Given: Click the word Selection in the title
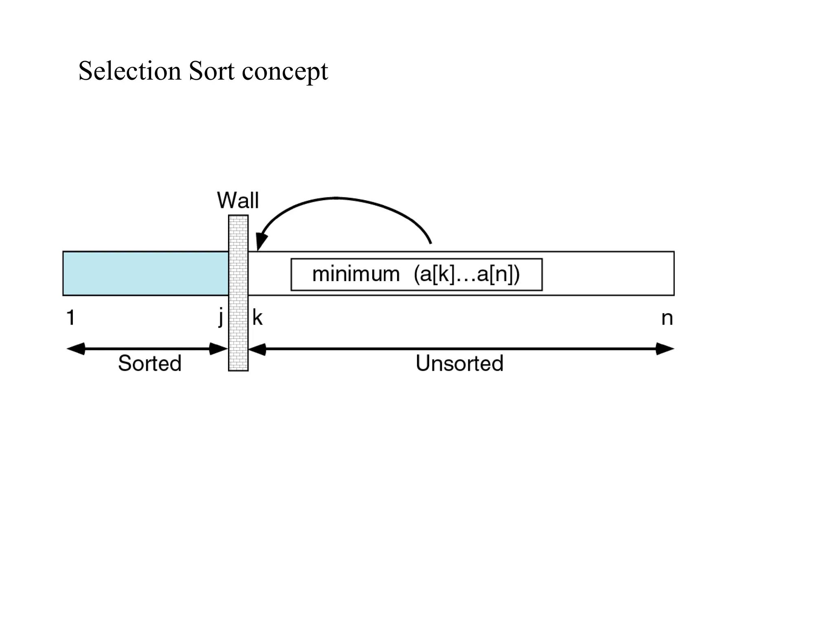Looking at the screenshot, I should pos(129,71).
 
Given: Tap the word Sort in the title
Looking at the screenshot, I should pos(212,71).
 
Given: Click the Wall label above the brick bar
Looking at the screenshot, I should pos(238,200).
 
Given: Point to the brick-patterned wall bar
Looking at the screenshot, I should pos(238,293).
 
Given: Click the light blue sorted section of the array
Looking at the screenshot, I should pos(145,273).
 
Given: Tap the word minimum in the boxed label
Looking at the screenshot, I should pos(356,274).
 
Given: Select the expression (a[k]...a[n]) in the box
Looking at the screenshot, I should pos(467,274).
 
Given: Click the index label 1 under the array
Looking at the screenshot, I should pos(70,317).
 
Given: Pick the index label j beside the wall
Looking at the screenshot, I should pos(221,317).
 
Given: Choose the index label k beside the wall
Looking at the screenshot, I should pos(257,317).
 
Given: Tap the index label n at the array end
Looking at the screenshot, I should pos(667,318).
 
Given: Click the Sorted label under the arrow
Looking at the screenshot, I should pos(149,363).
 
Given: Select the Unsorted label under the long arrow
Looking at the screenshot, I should pos(459,363).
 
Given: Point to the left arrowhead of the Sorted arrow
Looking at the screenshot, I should pos(75,349).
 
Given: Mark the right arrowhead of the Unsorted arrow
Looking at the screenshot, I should pos(665,349).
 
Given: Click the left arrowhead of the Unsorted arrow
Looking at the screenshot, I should pos(257,349).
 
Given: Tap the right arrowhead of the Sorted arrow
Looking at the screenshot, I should pos(218,349).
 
